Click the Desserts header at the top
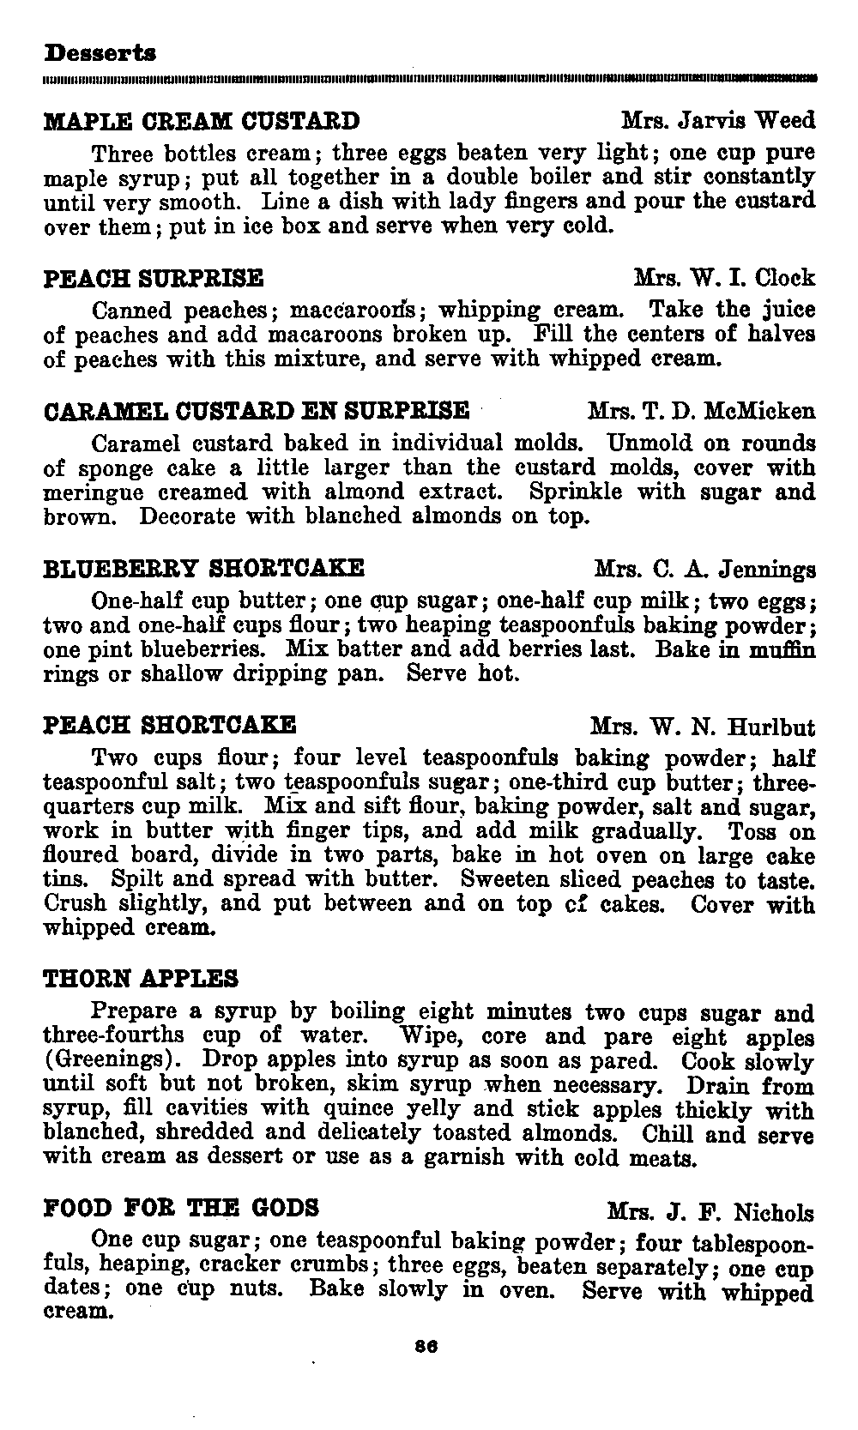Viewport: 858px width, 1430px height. click(x=100, y=53)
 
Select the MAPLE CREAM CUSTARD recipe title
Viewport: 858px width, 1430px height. click(x=202, y=120)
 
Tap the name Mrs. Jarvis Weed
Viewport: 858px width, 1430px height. click(x=718, y=120)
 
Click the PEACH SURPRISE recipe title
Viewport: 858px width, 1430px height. click(x=154, y=279)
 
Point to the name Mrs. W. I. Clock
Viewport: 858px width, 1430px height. click(x=724, y=278)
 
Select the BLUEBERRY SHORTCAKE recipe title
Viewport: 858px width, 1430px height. click(x=204, y=568)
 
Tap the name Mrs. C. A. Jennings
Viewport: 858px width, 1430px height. click(x=704, y=569)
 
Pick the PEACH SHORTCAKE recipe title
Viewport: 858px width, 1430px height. click(x=170, y=725)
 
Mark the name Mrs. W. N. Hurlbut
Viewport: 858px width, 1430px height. click(x=703, y=727)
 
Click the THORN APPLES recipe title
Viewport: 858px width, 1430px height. click(x=141, y=979)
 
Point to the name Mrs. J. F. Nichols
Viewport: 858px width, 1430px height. click(x=710, y=1212)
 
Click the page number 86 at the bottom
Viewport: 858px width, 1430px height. click(x=426, y=1347)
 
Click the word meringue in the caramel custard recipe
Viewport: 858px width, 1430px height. click(x=84, y=493)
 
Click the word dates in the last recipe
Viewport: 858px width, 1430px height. click(x=71, y=1288)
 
